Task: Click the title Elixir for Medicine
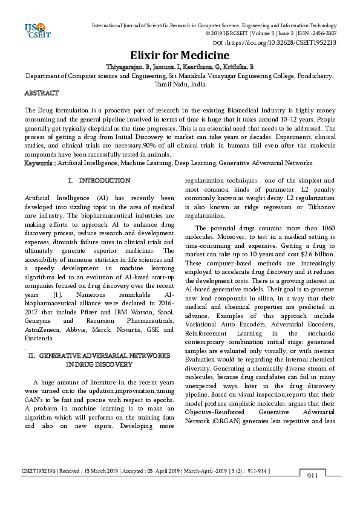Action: coord(180,55)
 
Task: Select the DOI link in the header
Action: coord(283,43)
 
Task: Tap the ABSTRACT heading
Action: coord(41,94)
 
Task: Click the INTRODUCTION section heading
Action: coord(104,181)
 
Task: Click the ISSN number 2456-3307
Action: coord(322,34)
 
